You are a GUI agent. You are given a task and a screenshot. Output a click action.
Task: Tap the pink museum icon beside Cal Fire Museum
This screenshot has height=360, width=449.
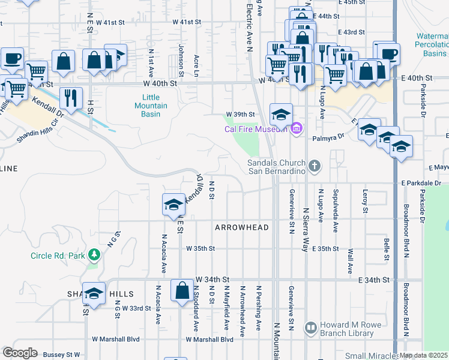[x=296, y=128]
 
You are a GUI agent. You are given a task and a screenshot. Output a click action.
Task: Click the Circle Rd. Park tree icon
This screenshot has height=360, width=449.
[x=94, y=256]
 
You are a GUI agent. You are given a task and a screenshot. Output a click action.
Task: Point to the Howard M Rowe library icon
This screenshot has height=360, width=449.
[x=310, y=328]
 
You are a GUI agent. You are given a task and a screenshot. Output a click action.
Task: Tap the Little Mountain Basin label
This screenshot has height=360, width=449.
[x=151, y=106]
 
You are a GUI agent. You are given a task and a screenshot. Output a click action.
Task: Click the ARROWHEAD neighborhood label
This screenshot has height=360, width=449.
[x=241, y=228]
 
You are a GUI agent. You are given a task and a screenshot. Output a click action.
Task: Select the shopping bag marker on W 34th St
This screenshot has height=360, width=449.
[x=181, y=291]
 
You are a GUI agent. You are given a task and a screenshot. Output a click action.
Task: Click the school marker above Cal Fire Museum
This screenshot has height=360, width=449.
[x=281, y=113]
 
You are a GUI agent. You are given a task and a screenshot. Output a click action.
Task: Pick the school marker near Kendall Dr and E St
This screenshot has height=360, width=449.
[x=173, y=205]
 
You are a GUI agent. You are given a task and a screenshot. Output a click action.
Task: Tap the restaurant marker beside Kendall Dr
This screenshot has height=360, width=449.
[x=71, y=97]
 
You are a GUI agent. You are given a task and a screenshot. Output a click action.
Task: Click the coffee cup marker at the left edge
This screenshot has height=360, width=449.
[x=12, y=58]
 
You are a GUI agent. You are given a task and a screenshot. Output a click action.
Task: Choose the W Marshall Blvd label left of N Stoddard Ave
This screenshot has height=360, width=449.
[x=115, y=339]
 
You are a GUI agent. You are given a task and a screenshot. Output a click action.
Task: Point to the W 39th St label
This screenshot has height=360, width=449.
[x=240, y=114]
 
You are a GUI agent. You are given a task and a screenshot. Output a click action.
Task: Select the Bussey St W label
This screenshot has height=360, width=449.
[x=61, y=355]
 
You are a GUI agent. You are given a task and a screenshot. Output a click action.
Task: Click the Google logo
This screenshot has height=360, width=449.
[x=20, y=353]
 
